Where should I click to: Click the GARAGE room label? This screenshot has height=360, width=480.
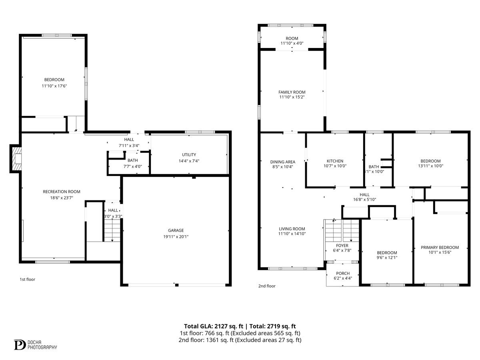pyautogui.click(x=176, y=230)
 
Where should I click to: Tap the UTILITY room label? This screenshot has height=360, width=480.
pyautogui.click(x=188, y=154)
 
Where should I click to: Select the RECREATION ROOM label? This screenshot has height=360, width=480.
pyautogui.click(x=62, y=192)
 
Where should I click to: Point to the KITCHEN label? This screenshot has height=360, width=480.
pyautogui.click(x=335, y=161)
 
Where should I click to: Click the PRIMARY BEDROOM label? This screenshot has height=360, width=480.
pyautogui.click(x=440, y=247)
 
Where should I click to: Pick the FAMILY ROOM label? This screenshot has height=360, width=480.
pyautogui.click(x=292, y=92)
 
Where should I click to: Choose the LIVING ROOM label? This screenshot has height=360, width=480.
pyautogui.click(x=292, y=229)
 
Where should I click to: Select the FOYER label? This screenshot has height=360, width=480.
pyautogui.click(x=342, y=245)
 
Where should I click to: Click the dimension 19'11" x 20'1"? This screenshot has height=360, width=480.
pyautogui.click(x=176, y=236)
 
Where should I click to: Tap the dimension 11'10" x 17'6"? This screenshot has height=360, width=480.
pyautogui.click(x=54, y=86)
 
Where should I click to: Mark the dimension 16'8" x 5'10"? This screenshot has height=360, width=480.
pyautogui.click(x=364, y=200)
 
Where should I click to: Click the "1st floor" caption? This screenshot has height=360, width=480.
pyautogui.click(x=28, y=279)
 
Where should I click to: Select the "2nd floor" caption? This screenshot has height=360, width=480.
pyautogui.click(x=267, y=286)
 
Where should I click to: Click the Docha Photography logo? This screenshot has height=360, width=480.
pyautogui.click(x=36, y=344)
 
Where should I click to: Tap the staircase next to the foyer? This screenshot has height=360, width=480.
pyautogui.click(x=342, y=230)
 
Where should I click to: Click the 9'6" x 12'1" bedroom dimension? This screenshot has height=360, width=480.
pyautogui.click(x=387, y=258)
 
